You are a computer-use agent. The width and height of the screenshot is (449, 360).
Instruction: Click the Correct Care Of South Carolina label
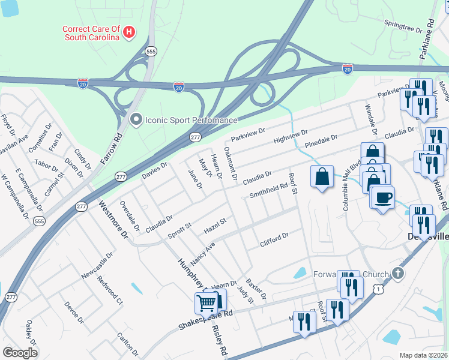point(91,33)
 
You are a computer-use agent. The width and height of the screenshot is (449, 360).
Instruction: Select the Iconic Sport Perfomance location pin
point(136,120)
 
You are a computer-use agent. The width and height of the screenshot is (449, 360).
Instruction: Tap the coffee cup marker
point(382,198)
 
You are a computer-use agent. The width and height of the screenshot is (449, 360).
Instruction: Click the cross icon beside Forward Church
point(397,274)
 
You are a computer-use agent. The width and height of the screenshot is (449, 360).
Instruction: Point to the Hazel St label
point(214,226)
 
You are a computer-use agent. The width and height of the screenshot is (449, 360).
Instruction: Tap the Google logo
point(20,352)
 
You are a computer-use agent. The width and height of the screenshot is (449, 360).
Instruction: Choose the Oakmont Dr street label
point(231,164)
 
